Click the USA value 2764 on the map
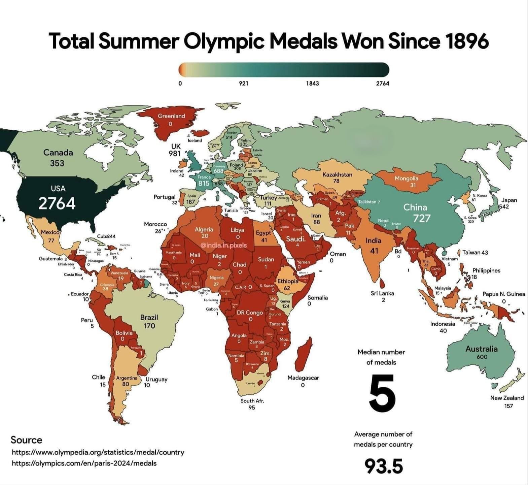[57, 203]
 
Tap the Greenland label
[171, 116]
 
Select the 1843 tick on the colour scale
[312, 83]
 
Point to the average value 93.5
[384, 466]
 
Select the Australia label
[481, 349]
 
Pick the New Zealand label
[507, 398]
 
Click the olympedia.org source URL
[98, 452]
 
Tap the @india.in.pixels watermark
[223, 245]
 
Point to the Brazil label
[149, 317]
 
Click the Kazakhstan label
[337, 174]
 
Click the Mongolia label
[406, 178]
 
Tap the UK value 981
[175, 154]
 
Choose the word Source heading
[26, 440]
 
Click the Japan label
[509, 200]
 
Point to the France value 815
[204, 183]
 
